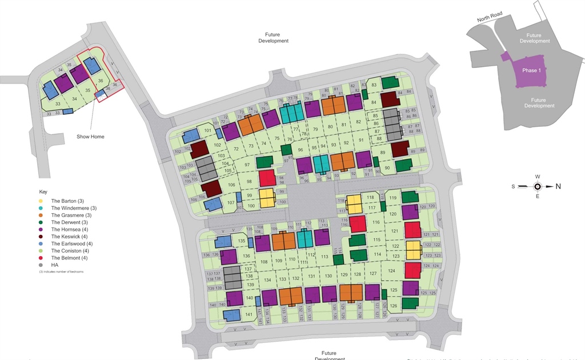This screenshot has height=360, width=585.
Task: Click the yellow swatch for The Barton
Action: tap(41, 201)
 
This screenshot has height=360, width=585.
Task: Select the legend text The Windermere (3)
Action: tap(74, 208)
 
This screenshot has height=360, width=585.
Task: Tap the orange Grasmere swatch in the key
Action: tap(41, 215)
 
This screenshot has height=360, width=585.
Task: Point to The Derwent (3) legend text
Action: tap(70, 222)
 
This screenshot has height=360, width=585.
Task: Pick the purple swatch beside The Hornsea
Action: tap(41, 230)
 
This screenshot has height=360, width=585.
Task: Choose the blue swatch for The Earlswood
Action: tap(41, 244)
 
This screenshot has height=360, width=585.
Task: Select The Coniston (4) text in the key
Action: tap(71, 251)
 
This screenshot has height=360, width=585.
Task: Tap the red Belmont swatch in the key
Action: tap(41, 258)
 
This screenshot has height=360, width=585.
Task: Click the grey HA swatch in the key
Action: tap(41, 265)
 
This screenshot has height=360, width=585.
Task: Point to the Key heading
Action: tap(43, 191)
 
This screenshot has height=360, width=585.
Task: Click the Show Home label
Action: tap(91, 137)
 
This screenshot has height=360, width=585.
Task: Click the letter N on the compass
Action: tap(558, 186)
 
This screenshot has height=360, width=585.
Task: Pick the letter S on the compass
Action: tap(513, 186)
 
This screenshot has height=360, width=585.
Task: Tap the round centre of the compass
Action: tap(538, 186)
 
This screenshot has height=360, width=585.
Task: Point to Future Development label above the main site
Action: tap(273, 38)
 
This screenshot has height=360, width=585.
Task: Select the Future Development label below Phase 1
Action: tap(539, 103)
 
